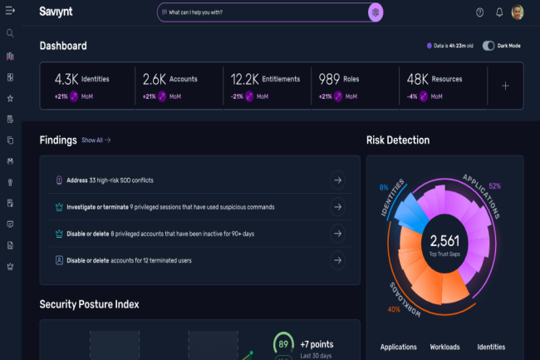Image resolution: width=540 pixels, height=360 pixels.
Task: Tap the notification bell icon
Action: tap(499, 12)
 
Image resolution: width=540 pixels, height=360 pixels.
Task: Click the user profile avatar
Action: tap(518, 12)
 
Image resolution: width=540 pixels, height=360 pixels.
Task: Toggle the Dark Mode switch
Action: tap(488, 46)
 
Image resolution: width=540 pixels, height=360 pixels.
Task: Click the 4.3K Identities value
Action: tap(66, 80)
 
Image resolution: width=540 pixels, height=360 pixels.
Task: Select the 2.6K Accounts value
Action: tap(155, 80)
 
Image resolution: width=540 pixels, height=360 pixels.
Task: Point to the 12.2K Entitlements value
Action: tap(247, 80)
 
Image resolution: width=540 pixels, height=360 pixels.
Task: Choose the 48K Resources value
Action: tap(418, 80)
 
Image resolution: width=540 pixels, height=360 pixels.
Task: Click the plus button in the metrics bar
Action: tap(505, 86)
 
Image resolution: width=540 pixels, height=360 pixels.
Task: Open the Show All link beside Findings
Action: tap(96, 141)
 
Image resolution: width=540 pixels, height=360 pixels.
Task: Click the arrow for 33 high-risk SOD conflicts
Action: tap(337, 180)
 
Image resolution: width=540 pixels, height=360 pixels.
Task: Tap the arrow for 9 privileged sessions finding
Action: tap(337, 206)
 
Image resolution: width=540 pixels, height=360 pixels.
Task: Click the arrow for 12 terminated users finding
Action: tap(337, 260)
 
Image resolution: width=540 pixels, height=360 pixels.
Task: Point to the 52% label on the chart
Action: tap(495, 185)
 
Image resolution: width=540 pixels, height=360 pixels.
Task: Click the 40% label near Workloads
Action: tap(394, 310)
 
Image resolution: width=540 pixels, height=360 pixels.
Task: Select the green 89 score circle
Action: tap(284, 343)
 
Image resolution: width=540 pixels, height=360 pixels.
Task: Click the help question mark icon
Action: tap(479, 12)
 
